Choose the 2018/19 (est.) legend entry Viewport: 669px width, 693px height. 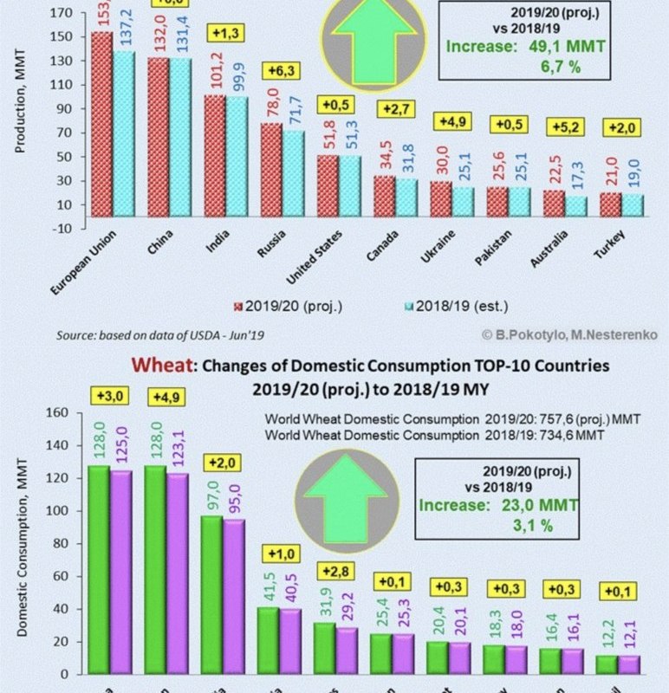coord(456,306)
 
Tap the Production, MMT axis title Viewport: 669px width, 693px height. coord(20,100)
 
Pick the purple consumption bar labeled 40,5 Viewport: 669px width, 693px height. coord(291,642)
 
